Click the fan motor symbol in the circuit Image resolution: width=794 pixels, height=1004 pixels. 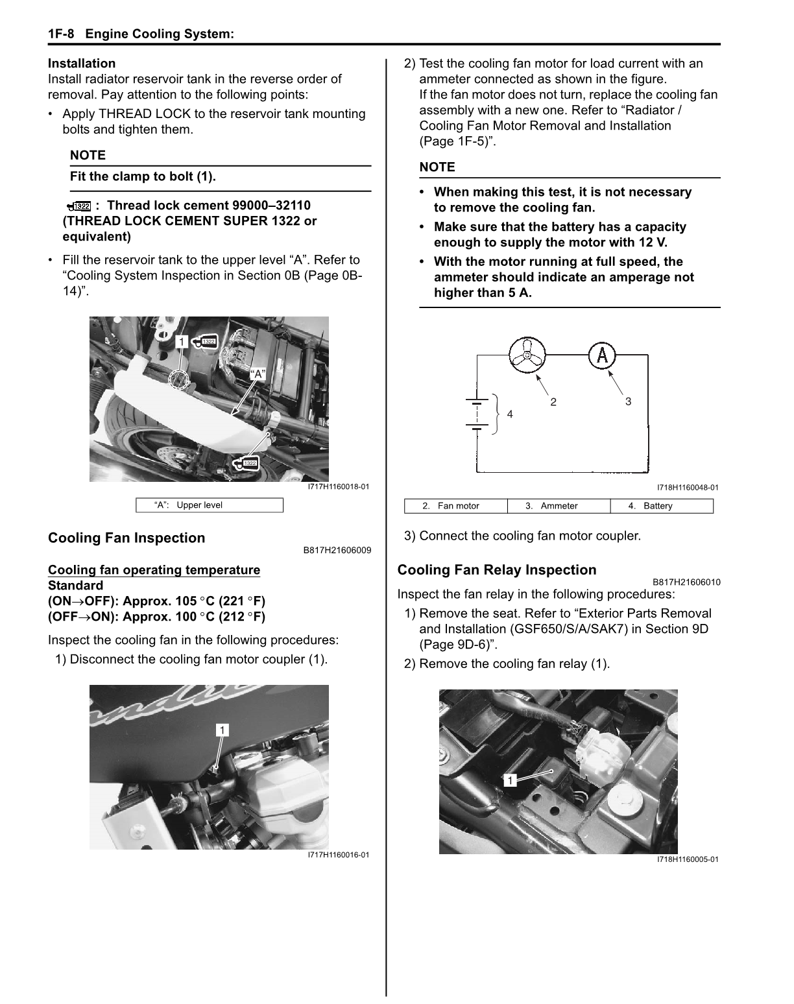pos(527,355)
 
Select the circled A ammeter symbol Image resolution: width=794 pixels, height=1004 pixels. pos(603,355)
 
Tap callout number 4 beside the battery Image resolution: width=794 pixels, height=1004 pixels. pos(510,414)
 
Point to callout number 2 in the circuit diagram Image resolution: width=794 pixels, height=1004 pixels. pos(553,402)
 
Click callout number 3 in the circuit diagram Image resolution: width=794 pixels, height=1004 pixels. pos(628,401)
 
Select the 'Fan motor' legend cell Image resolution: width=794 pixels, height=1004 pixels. pos(456,506)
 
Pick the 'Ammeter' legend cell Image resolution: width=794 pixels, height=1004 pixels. pos(558,506)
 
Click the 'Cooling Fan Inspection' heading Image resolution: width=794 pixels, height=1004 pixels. pos(126,538)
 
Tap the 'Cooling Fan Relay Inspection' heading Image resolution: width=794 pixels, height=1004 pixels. pos(497,570)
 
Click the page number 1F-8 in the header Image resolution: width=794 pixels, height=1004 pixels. pos(62,34)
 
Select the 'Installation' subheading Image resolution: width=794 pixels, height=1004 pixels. pos(82,64)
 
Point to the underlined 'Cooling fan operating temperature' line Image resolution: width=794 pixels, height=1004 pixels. pos(154,570)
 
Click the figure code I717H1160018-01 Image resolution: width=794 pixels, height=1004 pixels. pos(339,487)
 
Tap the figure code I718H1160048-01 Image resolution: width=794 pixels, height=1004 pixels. pos(688,488)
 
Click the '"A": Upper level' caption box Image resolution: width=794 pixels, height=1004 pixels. pos(209,505)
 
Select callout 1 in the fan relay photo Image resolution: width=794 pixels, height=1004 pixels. pos(511,780)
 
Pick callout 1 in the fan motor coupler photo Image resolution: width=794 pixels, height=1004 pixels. pos(223,731)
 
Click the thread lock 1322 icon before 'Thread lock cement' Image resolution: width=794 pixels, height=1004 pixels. pos(79,206)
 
